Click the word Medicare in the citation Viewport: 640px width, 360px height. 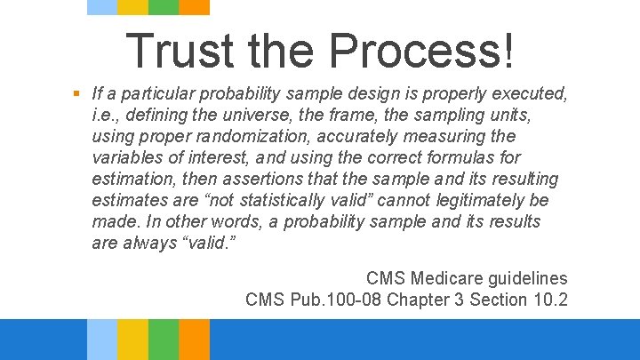click(x=444, y=278)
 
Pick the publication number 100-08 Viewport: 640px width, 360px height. click(x=360, y=300)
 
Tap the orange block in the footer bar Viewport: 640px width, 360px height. click(x=194, y=340)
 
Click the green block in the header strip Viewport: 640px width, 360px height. click(x=163, y=7)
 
